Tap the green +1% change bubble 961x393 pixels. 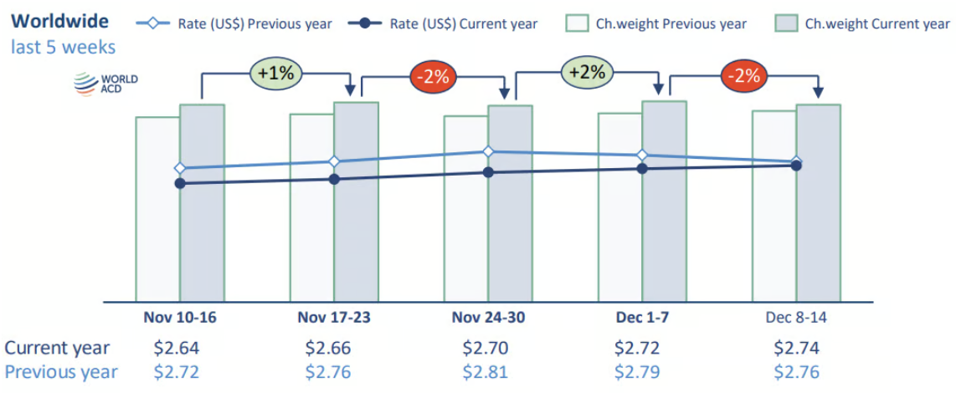(275, 74)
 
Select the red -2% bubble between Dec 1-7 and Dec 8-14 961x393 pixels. (744, 75)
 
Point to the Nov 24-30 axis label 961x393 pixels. (489, 318)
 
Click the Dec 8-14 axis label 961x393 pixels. (795, 318)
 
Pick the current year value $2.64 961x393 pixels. (177, 347)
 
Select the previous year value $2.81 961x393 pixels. (486, 372)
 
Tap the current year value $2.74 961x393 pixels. (796, 347)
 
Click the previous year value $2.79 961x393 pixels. (638, 372)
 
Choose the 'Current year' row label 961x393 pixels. (57, 347)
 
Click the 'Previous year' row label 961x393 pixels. (61, 372)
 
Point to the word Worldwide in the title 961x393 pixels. (59, 21)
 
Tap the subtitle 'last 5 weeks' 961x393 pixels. (64, 47)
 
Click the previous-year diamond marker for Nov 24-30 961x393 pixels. (488, 151)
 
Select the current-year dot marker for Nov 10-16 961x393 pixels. (180, 182)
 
